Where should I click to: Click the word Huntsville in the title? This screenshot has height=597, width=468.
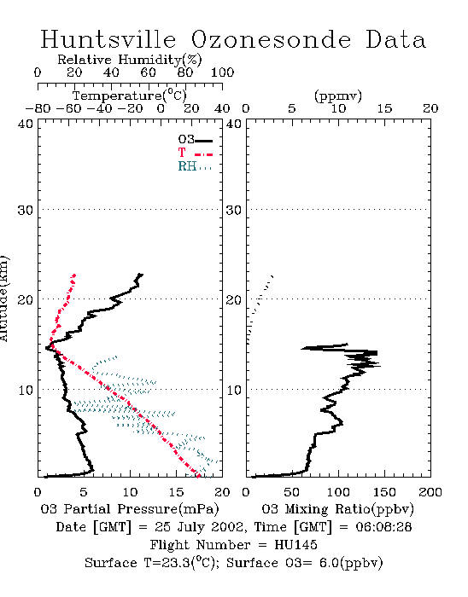tap(108, 39)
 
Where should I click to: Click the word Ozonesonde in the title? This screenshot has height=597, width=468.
tap(271, 39)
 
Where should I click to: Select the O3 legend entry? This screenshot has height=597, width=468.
tap(195, 140)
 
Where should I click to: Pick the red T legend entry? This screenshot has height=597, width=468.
tap(195, 153)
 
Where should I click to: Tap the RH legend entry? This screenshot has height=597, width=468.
tap(195, 166)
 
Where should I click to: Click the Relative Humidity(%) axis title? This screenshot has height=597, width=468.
tap(130, 60)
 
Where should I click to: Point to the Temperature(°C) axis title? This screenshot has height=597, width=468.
tap(130, 96)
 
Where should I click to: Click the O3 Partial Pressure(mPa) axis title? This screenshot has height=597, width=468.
tap(130, 509)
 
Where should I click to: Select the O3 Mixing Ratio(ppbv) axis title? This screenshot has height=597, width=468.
tap(337, 509)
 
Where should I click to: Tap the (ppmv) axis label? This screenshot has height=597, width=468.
tap(337, 96)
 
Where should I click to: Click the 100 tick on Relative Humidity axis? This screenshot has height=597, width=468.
tap(222, 72)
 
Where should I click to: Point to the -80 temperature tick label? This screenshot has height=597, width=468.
tap(38, 108)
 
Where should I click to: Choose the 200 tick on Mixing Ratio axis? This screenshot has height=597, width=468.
tap(430, 492)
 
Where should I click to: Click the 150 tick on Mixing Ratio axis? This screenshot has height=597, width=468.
tap(384, 492)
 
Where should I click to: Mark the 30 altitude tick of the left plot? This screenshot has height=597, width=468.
tap(25, 210)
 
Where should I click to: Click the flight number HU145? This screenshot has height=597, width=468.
tap(295, 545)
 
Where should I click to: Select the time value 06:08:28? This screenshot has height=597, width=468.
tap(383, 527)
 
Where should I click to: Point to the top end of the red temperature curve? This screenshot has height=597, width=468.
tap(74, 275)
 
